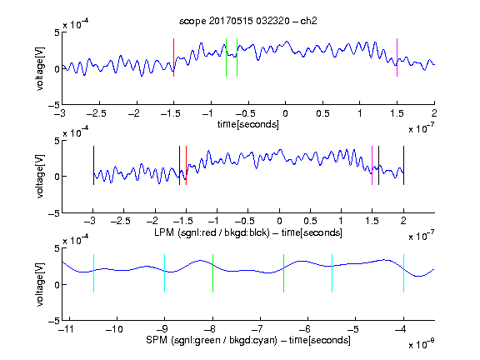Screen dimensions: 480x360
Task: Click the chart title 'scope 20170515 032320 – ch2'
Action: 248,21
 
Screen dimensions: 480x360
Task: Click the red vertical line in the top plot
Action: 173,57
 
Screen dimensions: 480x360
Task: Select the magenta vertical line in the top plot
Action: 397,57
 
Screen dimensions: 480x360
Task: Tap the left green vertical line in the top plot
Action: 226,57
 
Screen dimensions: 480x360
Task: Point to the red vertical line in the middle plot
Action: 186,165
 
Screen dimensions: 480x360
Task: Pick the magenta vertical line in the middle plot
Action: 372,165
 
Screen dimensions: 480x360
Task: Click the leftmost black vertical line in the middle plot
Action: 93,165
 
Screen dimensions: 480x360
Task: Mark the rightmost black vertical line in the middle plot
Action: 403,165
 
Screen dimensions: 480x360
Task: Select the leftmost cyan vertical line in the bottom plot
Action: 93,273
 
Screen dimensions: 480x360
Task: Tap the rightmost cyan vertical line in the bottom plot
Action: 403,273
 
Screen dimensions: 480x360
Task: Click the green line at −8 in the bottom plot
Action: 212,273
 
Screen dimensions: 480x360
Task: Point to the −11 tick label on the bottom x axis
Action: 66,329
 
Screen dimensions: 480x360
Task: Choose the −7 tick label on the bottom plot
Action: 260,329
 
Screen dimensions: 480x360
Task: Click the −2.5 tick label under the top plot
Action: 96,113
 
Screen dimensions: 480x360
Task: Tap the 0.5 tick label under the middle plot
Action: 310,221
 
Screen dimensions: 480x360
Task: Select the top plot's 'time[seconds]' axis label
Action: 248,124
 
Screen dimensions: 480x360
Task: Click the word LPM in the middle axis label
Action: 164,232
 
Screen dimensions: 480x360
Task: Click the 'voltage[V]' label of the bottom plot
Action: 40,284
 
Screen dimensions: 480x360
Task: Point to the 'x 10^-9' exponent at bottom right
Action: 422,343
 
